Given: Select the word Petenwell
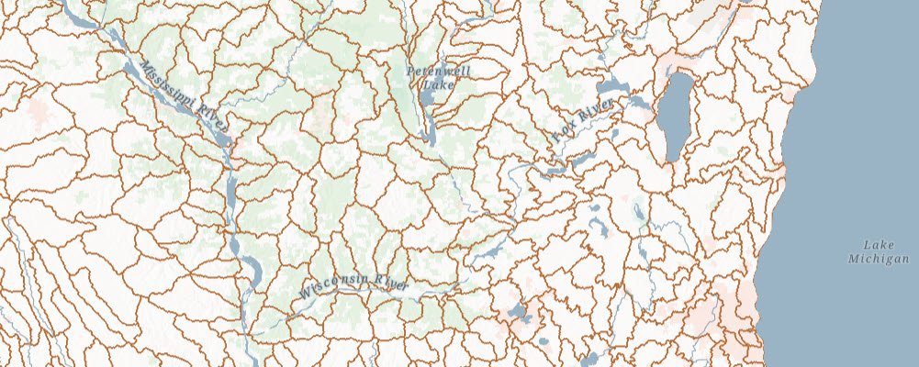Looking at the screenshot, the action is point(431,71).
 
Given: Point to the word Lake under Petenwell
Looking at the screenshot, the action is point(431,84).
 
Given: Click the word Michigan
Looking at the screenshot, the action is point(878,260).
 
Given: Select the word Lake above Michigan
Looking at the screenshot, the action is point(878,244).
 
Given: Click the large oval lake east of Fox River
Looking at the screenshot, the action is point(678,114).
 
